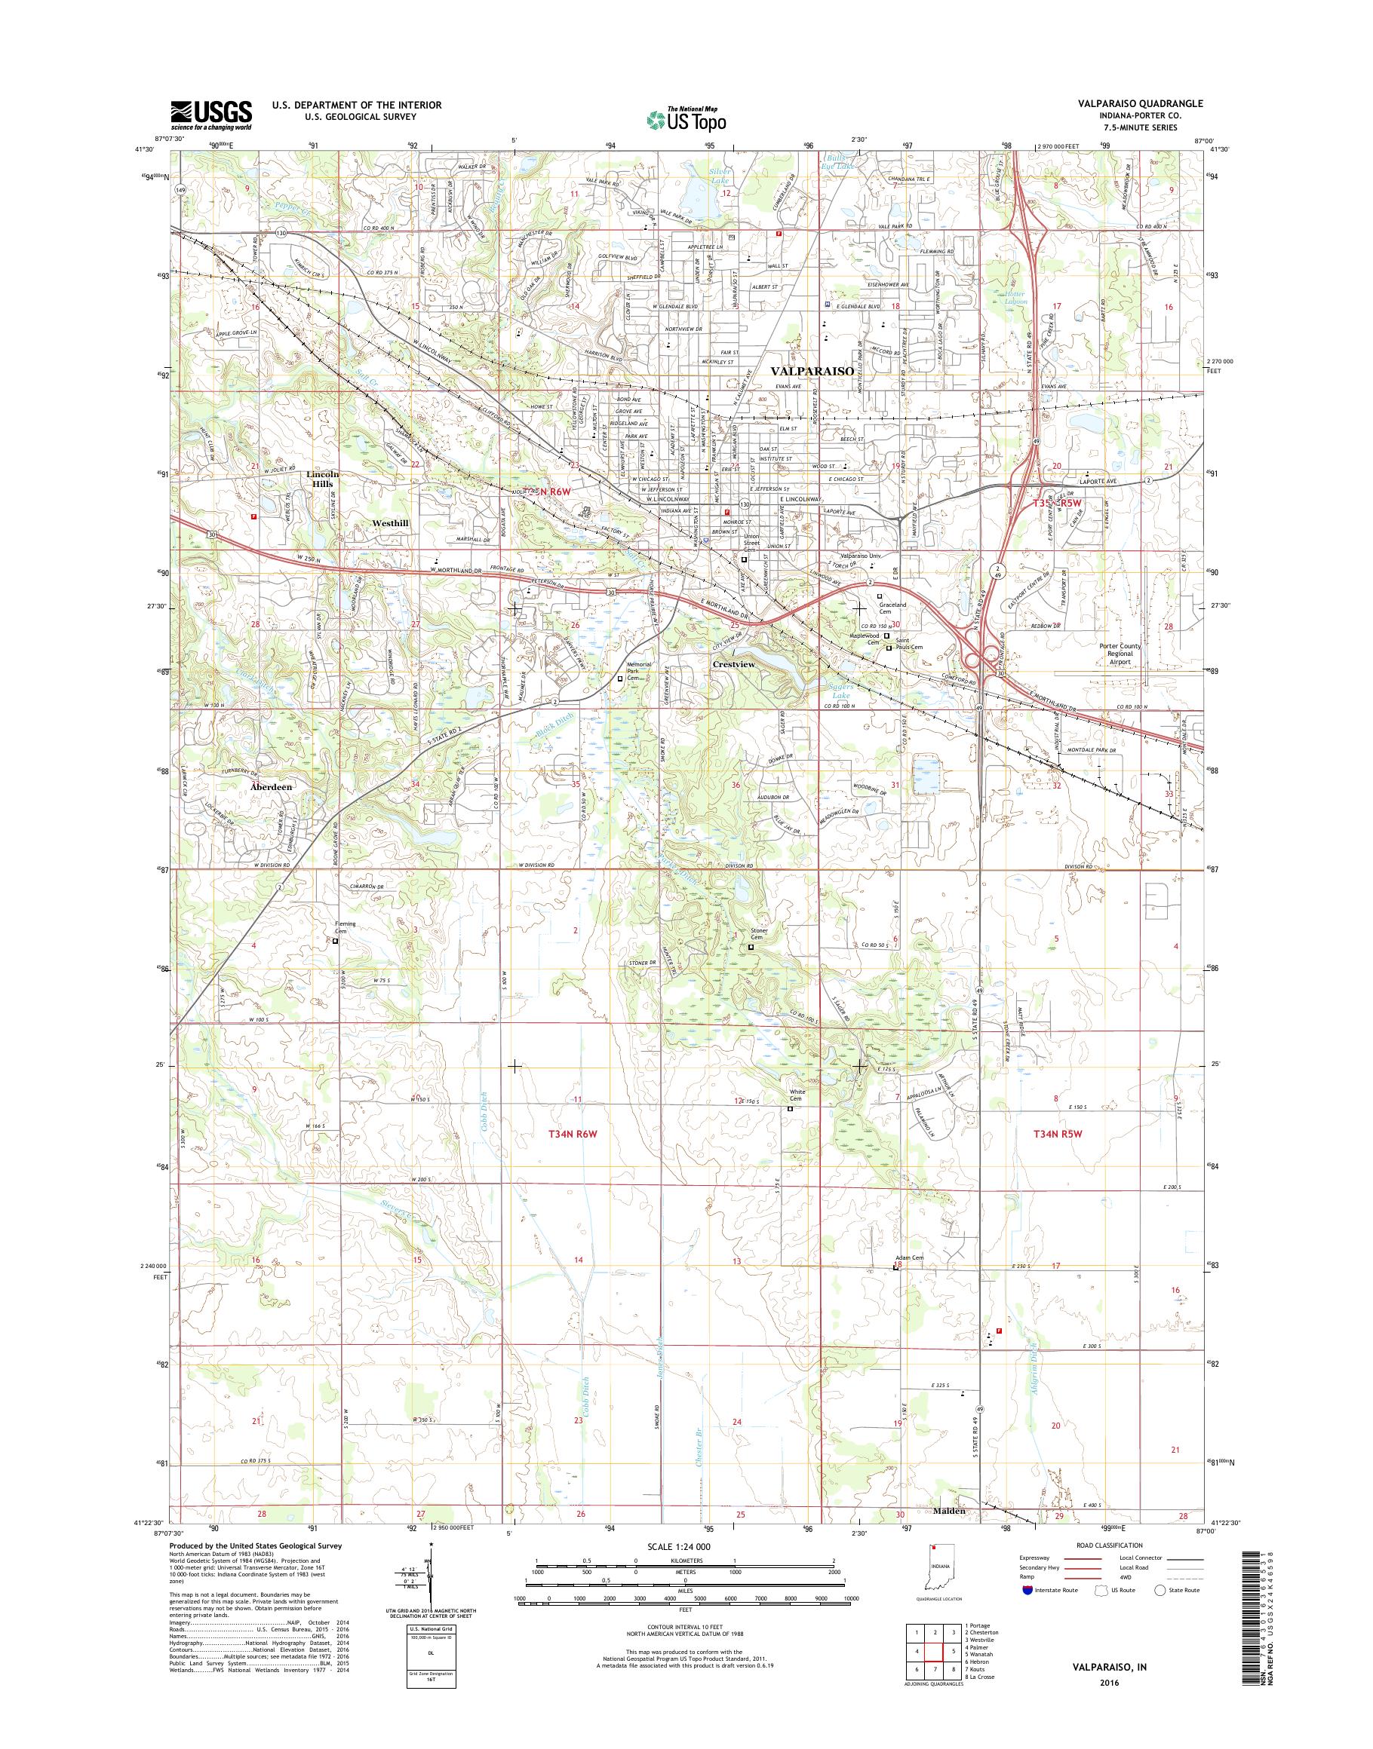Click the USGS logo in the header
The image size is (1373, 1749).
[210, 115]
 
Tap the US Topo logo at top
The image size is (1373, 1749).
[686, 119]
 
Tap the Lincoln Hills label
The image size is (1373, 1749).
[322, 479]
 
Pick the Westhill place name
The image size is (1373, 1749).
[390, 523]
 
